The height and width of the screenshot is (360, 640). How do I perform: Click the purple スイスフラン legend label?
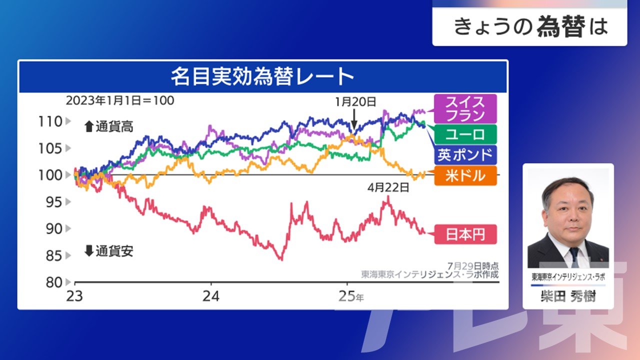point(465,109)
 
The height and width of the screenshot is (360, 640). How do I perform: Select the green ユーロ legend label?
point(465,134)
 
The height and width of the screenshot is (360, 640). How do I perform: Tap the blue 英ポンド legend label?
point(465,155)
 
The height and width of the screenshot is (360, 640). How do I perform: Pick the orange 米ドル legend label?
point(465,176)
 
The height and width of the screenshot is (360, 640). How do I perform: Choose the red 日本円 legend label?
point(465,234)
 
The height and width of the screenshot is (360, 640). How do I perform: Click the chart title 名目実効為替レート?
point(262,77)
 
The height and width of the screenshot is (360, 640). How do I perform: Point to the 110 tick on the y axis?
point(50,121)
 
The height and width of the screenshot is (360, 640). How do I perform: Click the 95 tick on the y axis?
point(50,202)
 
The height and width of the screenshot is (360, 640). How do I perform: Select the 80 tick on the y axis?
point(50,282)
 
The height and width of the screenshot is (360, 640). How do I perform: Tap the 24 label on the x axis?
point(211,296)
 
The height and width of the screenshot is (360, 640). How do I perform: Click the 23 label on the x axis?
point(74,296)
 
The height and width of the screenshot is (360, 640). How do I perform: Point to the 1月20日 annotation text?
point(355,102)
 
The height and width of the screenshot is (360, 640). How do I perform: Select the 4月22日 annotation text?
point(388,188)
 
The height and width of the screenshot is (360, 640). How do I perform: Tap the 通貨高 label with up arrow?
point(109,127)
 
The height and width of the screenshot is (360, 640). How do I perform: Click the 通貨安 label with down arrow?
point(109,251)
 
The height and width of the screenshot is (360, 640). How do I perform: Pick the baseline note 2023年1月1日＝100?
point(120,100)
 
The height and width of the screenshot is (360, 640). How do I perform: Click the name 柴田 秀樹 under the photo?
point(568,297)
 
